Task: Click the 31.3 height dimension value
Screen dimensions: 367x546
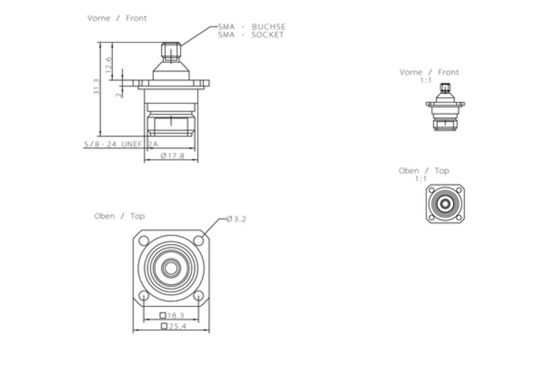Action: pyautogui.click(x=97, y=86)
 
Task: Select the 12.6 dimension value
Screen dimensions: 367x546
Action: pyautogui.click(x=108, y=65)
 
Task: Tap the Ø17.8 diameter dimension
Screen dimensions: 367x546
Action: pyautogui.click(x=172, y=156)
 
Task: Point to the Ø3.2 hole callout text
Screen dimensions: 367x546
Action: pyautogui.click(x=236, y=219)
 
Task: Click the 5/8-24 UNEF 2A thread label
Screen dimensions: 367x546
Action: pyautogui.click(x=120, y=144)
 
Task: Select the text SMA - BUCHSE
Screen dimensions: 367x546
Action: pyautogui.click(x=251, y=27)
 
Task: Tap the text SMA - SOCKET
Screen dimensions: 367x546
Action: pyautogui.click(x=251, y=35)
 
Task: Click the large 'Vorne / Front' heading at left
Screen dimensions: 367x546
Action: pyautogui.click(x=117, y=18)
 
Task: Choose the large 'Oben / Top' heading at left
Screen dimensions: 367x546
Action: pyautogui.click(x=119, y=216)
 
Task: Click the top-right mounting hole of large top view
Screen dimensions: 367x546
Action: pyautogui.click(x=198, y=240)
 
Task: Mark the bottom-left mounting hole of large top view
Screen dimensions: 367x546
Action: pyautogui.click(x=144, y=296)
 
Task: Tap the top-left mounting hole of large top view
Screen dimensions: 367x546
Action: pyautogui.click(x=144, y=240)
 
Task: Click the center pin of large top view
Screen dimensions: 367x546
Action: pyautogui.click(x=171, y=268)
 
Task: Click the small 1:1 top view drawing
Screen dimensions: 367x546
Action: pyautogui.click(x=445, y=204)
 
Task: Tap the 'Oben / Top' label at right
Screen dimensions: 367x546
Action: pyautogui.click(x=424, y=171)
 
